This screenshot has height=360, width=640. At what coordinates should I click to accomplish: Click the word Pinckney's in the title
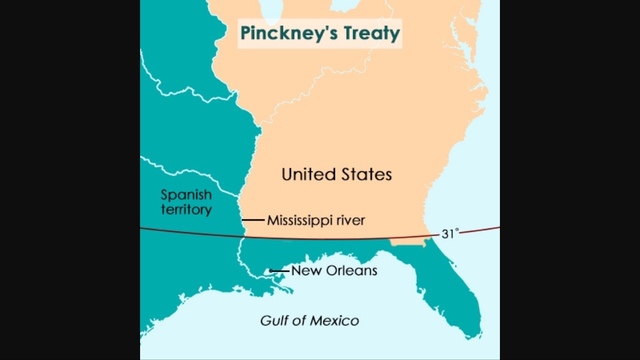[283, 34]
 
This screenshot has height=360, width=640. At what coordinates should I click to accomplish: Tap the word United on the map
[310, 174]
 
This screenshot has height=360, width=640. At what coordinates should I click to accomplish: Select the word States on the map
[365, 174]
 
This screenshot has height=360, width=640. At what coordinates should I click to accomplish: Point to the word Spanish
[187, 194]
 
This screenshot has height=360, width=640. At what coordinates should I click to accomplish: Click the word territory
[187, 210]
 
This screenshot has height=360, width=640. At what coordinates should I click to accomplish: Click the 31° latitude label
[450, 233]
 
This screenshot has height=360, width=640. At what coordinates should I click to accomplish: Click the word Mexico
[334, 321]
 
